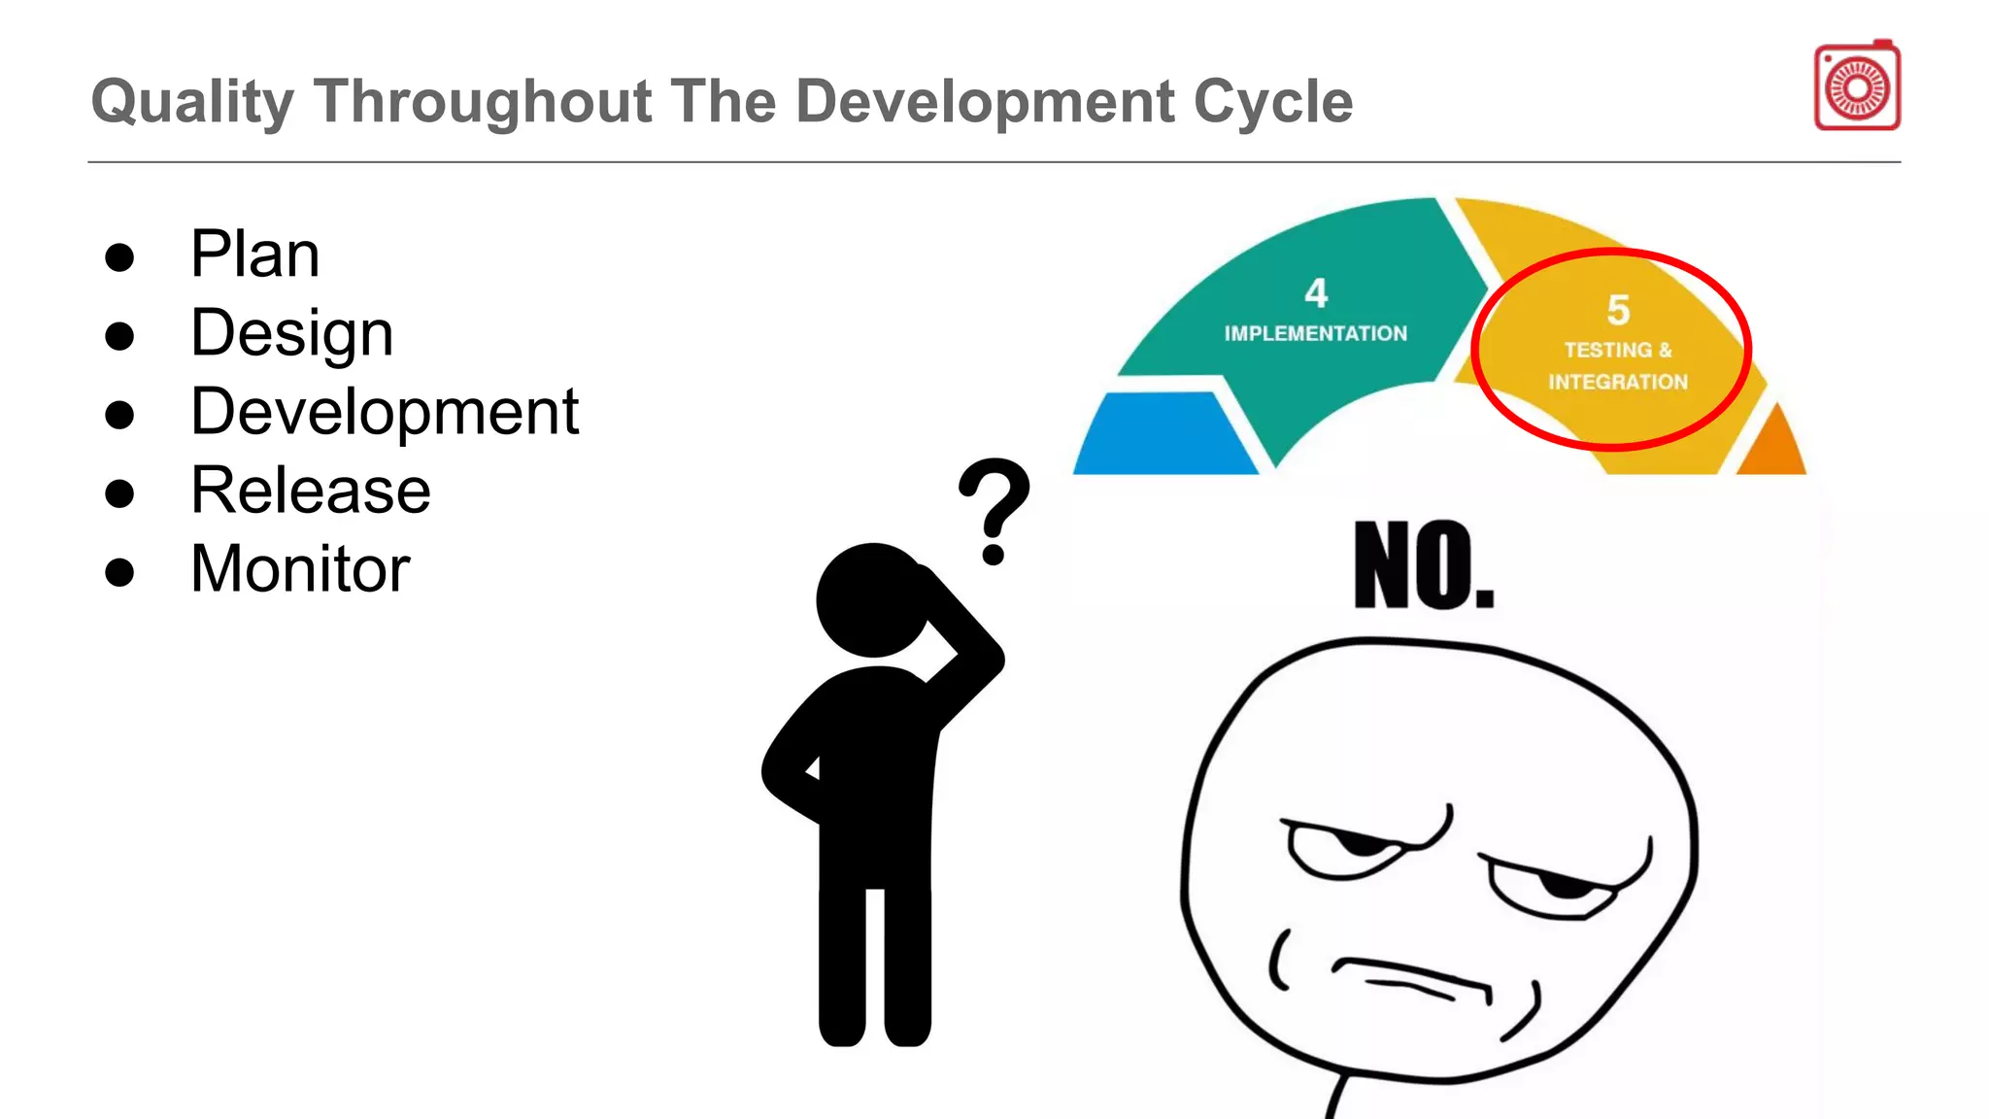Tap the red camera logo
tap(1857, 86)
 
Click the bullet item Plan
tap(254, 254)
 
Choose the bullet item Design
tap(291, 334)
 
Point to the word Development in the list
tap(385, 412)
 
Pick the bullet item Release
tap(311, 491)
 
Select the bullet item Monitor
tap(300, 569)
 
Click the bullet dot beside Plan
tap(119, 257)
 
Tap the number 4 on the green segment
tap(1316, 292)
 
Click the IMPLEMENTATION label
tap(1315, 334)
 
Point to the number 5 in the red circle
tap(1618, 311)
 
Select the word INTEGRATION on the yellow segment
tap(1618, 382)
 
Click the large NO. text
tap(1424, 566)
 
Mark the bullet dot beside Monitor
tap(119, 572)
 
